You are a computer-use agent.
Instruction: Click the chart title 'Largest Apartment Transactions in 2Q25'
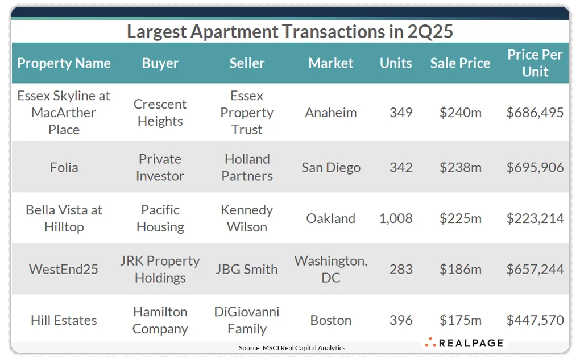[x=290, y=32]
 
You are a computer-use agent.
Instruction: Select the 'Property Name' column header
[x=64, y=63]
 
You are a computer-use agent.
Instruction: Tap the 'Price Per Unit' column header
[x=535, y=63]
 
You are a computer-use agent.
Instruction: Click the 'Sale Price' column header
[x=460, y=63]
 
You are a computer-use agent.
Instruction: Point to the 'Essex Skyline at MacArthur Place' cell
[x=64, y=113]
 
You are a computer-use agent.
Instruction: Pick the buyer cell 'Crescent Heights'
[x=160, y=113]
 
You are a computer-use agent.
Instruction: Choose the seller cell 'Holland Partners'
[x=247, y=167]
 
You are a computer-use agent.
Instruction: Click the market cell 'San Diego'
[x=331, y=168]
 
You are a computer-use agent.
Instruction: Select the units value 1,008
[x=396, y=218]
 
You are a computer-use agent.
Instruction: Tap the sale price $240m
[x=460, y=113]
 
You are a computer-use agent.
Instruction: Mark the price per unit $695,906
[x=535, y=168]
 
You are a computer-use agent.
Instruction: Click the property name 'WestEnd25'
[x=64, y=269]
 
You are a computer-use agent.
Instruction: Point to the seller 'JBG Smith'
[x=247, y=269]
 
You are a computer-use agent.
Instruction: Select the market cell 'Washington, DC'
[x=331, y=269]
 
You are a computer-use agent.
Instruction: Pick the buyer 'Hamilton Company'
[x=160, y=320]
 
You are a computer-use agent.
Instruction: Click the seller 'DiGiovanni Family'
[x=247, y=320]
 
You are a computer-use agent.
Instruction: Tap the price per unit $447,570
[x=535, y=320]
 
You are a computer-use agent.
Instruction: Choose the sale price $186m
[x=460, y=269]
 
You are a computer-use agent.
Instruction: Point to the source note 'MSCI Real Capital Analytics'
[x=292, y=347]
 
